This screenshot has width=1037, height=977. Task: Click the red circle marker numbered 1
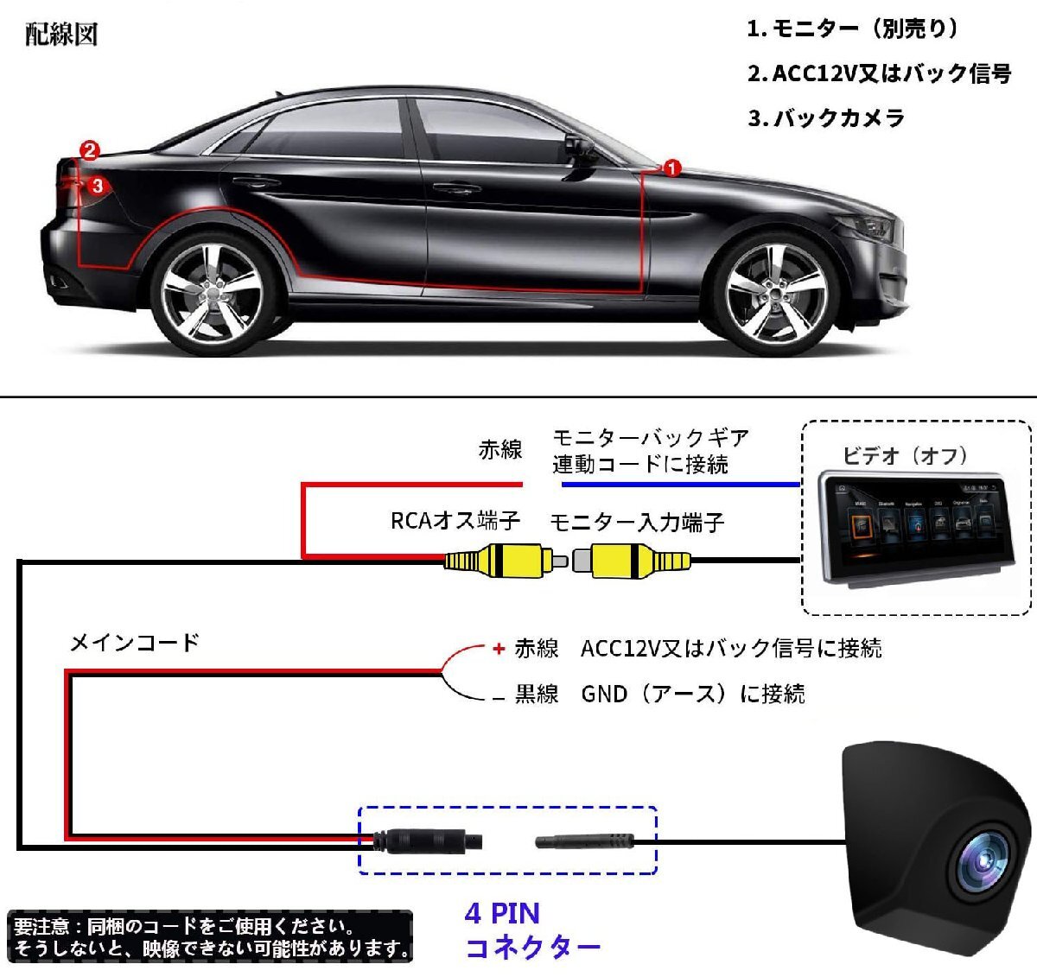[x=671, y=168]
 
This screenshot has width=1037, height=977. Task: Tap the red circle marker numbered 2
[x=90, y=150]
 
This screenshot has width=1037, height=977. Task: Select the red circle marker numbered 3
[x=98, y=186]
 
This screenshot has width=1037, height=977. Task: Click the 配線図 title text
[x=61, y=35]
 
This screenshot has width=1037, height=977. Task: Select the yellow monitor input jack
[x=632, y=561]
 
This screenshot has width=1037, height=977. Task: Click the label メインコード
[x=135, y=643]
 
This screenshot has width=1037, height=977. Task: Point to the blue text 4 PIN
[x=502, y=914]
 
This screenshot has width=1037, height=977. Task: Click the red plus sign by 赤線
[x=499, y=649]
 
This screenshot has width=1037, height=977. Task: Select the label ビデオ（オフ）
[x=906, y=455]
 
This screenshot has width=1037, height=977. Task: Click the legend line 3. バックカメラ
[x=825, y=118]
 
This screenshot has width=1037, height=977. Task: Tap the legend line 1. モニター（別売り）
[x=853, y=29]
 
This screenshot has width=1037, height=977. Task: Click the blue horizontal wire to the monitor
[x=681, y=484]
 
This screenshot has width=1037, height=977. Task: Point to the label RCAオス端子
[x=455, y=521]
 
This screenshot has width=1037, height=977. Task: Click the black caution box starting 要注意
[x=210, y=936]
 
